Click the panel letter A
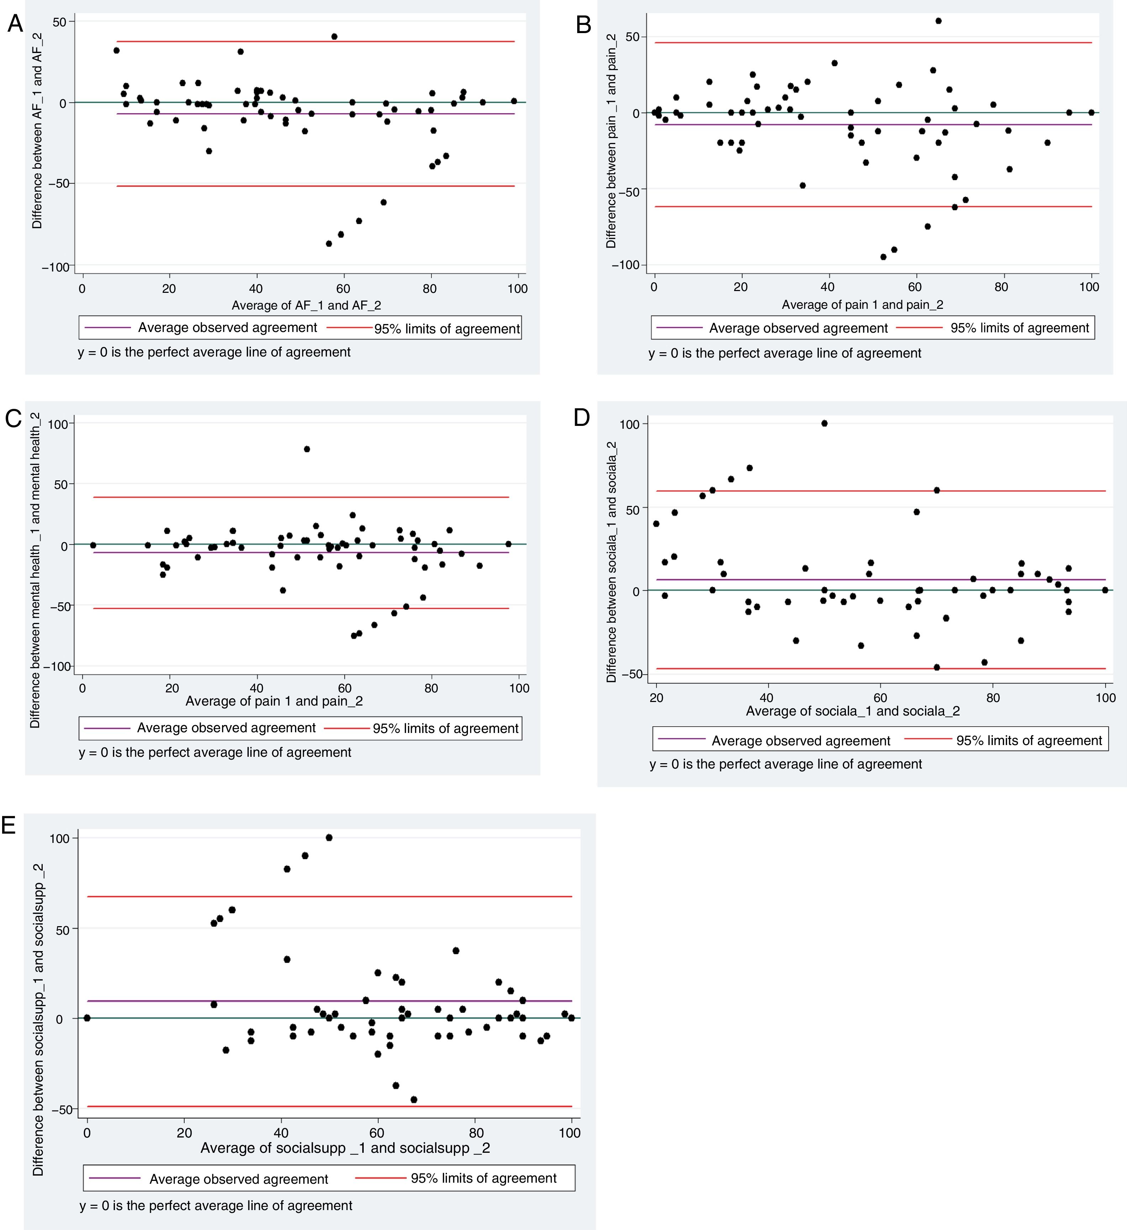click(15, 25)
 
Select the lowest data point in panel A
click(329, 243)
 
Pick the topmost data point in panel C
click(307, 449)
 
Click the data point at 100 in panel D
click(825, 423)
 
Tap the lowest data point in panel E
click(414, 1099)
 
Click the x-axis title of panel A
click(306, 305)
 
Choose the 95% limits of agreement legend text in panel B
click(1019, 328)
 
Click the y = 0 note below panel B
click(785, 353)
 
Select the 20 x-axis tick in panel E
click(184, 1133)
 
